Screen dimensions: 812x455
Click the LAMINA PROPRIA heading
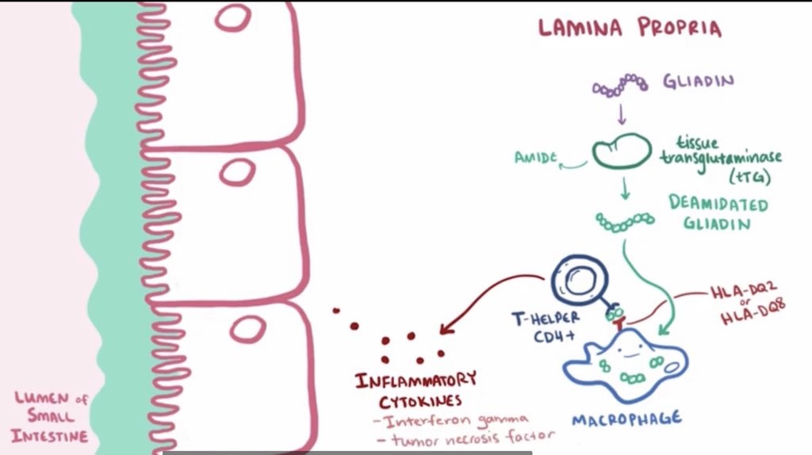tap(630, 29)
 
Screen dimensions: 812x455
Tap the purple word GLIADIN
tap(699, 82)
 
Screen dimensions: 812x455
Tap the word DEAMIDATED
tap(718, 205)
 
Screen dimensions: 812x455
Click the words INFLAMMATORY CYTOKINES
tap(416, 388)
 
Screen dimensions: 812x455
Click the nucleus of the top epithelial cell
tap(232, 17)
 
